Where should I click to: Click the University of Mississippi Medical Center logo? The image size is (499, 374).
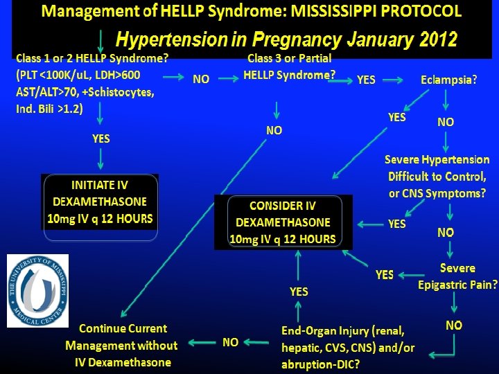38,291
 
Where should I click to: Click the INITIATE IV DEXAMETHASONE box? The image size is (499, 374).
100,202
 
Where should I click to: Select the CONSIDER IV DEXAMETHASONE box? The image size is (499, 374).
283,222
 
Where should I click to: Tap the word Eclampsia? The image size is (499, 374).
448,80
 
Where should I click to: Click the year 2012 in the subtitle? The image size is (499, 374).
438,39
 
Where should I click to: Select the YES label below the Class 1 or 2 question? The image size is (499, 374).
100,139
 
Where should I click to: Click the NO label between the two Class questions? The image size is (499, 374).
201,80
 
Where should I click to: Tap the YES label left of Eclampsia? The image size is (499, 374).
396,118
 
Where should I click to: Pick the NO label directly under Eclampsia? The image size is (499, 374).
446,122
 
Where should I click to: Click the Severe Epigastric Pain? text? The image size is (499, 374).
457,276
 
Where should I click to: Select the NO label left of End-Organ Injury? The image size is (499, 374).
231,341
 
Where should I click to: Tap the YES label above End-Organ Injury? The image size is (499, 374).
299,292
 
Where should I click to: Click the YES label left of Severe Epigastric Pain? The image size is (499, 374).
385,275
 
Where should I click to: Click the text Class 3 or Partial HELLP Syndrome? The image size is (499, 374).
289,66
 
